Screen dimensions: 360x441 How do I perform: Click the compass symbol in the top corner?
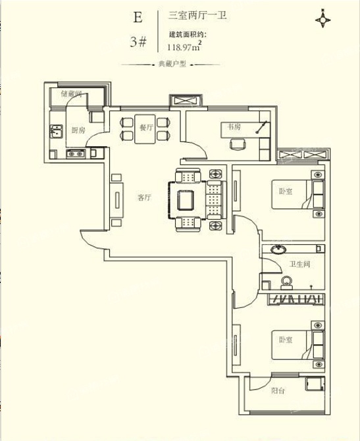coord(322,20)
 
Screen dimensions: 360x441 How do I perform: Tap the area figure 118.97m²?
coord(184,46)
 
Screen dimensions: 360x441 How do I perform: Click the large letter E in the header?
coord(138,17)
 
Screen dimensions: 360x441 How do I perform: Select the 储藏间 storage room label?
coord(71,93)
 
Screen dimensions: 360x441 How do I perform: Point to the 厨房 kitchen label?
coord(78,130)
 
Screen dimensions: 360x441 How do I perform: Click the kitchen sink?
coord(56,132)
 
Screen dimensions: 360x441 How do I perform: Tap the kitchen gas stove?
coord(76,154)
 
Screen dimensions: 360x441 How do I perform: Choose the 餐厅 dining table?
coord(145,129)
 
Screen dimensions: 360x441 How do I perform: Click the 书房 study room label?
coord(234,127)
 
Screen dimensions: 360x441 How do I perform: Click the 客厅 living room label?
coord(144,197)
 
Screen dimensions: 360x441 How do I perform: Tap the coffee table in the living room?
coord(186,200)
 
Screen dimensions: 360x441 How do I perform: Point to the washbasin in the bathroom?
coord(278,249)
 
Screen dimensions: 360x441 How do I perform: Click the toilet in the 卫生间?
coord(286,283)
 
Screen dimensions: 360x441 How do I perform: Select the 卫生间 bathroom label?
coord(300,264)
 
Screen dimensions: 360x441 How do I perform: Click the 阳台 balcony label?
coord(278,391)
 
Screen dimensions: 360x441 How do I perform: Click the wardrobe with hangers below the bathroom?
coord(296,299)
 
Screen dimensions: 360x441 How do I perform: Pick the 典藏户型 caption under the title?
coord(172,64)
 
